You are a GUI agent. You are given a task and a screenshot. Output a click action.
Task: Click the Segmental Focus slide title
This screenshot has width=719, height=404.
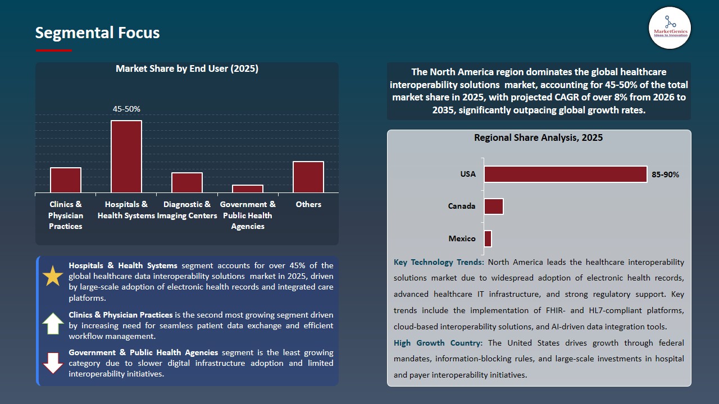(x=97, y=33)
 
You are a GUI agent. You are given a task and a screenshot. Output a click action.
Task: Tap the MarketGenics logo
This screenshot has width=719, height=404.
(x=670, y=27)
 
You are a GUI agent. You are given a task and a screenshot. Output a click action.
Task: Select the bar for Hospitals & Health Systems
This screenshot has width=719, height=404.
(x=126, y=157)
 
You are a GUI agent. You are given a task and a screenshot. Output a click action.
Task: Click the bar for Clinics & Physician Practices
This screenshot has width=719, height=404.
(x=66, y=180)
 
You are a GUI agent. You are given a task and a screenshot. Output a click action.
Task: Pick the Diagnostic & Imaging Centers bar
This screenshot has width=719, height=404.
(x=187, y=182)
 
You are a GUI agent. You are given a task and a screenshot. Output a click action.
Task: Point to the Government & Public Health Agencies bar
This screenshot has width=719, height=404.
(x=248, y=189)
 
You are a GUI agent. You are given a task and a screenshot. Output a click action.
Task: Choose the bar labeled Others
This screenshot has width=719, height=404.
(x=308, y=177)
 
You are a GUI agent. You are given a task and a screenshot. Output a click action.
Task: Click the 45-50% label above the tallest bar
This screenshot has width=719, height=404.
(x=126, y=109)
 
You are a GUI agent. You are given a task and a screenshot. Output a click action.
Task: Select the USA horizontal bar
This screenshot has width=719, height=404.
(x=565, y=174)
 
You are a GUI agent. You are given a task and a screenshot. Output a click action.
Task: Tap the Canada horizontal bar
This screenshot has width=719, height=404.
(x=494, y=206)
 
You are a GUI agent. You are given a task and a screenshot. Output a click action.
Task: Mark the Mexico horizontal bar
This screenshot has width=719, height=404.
(x=488, y=238)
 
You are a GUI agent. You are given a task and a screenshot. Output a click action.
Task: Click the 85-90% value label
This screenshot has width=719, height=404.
(x=665, y=175)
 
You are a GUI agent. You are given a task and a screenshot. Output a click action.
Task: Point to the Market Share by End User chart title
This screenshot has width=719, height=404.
(x=187, y=68)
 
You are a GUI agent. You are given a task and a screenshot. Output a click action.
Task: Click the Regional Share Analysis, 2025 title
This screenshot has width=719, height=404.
(x=538, y=137)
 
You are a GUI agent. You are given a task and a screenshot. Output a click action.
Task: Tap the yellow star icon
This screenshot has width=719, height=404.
(x=53, y=276)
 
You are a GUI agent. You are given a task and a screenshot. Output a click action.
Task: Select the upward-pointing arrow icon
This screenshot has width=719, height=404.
(x=53, y=324)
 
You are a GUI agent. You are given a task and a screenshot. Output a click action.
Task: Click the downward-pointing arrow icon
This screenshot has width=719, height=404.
(x=53, y=362)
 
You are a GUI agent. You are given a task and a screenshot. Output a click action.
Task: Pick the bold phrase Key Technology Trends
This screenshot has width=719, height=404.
(x=438, y=262)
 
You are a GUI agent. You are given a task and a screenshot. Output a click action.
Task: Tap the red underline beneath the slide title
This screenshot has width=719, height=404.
(x=54, y=50)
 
